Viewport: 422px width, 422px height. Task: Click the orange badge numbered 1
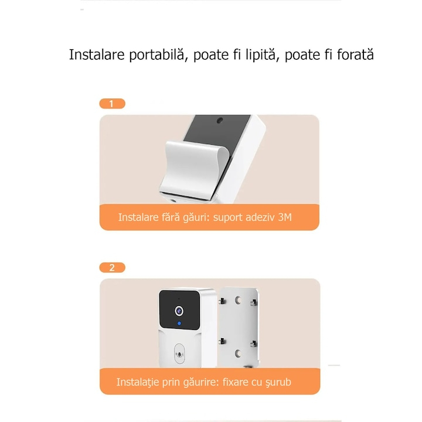tap(112, 104)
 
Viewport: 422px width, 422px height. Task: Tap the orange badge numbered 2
tap(112, 268)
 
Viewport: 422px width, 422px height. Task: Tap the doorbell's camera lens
tap(179, 308)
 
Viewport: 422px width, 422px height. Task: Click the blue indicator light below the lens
tap(179, 324)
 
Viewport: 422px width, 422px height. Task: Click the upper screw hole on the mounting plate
tap(237, 301)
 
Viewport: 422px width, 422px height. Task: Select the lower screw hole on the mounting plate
tap(237, 352)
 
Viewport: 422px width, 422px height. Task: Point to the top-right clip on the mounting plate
tap(253, 302)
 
